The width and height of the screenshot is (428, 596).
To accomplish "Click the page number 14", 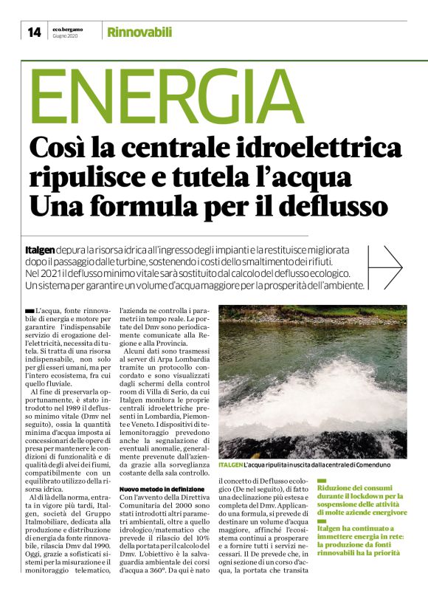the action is tap(33, 32).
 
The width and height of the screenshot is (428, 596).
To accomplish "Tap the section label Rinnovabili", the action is tap(139, 32).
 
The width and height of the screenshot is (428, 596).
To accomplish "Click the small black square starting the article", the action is tap(28, 310).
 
